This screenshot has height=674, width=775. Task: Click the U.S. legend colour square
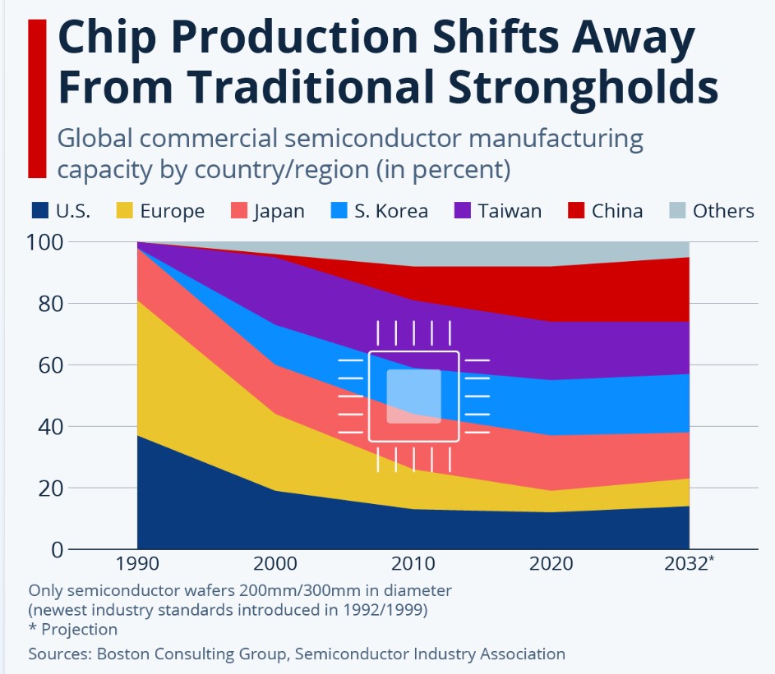(40, 210)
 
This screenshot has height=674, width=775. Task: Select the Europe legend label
(172, 211)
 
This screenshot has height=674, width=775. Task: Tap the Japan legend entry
(268, 211)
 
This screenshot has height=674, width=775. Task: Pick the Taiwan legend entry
(498, 211)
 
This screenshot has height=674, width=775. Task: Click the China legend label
(617, 211)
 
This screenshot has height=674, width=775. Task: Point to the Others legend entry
(711, 211)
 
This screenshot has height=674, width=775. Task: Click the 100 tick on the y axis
(44, 242)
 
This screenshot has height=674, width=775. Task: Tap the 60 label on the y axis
(51, 365)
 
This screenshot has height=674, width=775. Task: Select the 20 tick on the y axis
(51, 488)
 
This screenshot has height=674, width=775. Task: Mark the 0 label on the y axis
(58, 549)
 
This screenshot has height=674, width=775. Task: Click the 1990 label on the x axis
(137, 563)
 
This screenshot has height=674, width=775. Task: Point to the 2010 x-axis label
(413, 563)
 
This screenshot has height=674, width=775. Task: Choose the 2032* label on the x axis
(689, 563)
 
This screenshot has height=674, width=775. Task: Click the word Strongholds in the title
(584, 87)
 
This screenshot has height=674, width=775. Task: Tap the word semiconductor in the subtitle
(372, 138)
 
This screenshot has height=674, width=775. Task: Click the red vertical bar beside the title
(37, 99)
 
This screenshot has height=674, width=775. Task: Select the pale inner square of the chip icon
(413, 396)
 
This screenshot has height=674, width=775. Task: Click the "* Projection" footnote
(73, 629)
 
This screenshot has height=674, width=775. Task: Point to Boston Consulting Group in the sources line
(191, 653)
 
